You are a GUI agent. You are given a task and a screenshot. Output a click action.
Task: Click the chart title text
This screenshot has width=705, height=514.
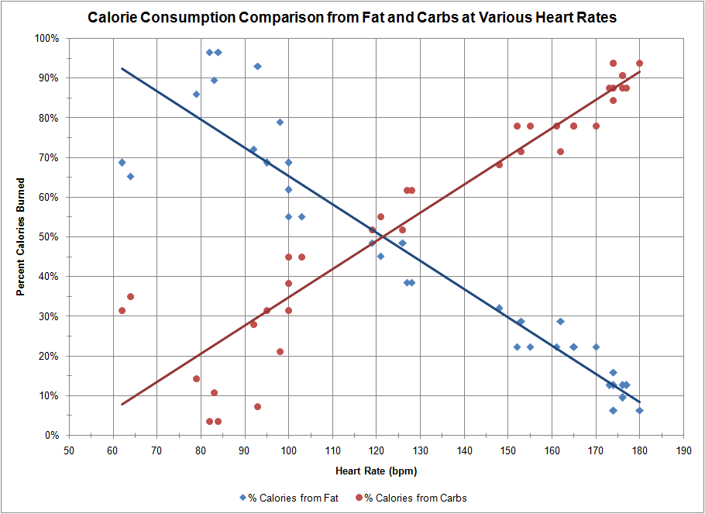click(x=352, y=16)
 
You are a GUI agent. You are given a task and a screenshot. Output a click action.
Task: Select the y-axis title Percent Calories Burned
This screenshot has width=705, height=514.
click(x=21, y=236)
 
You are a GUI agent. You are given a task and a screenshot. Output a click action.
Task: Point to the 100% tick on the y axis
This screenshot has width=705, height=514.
click(x=47, y=38)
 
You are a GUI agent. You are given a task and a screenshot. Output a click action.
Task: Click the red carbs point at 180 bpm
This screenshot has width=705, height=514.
click(x=639, y=64)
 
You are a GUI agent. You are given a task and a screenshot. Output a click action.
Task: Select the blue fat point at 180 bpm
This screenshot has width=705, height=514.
click(x=639, y=410)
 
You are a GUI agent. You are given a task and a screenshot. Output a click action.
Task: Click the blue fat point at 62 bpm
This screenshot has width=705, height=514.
click(x=122, y=162)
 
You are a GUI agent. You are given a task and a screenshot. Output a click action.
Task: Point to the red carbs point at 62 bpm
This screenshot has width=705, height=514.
click(x=122, y=310)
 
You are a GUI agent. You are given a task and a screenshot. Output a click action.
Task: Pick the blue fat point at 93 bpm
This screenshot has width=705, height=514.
click(x=257, y=67)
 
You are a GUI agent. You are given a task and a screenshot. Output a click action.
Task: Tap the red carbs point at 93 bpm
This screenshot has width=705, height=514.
click(x=257, y=406)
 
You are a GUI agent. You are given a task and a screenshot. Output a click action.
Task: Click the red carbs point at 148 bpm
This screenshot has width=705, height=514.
click(x=499, y=164)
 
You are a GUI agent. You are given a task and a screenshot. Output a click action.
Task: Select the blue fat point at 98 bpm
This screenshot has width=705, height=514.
click(x=280, y=122)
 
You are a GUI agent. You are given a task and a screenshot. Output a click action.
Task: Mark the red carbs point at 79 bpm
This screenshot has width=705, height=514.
click(x=196, y=378)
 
